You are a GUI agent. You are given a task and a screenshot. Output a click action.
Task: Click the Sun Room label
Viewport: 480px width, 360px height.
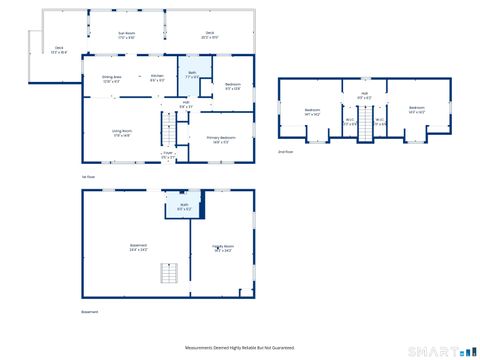pyautogui.click(x=127, y=35)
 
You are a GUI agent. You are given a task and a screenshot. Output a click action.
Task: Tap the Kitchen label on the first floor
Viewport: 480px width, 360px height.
pyautogui.click(x=157, y=78)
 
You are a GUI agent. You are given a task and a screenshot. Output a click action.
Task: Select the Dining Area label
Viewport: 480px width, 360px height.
pyautogui.click(x=111, y=78)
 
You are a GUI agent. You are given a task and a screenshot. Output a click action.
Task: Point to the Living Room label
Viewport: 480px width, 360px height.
pyautogui.click(x=122, y=133)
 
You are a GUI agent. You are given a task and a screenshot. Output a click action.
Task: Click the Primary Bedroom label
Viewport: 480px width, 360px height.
pyautogui.click(x=221, y=139)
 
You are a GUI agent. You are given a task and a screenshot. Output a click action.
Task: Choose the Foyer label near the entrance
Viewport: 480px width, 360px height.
pyautogui.click(x=168, y=155)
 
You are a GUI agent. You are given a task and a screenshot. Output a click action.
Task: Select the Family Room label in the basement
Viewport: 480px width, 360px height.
pyautogui.click(x=222, y=248)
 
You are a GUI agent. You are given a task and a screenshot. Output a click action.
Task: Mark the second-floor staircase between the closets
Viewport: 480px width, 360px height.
pyautogui.click(x=365, y=124)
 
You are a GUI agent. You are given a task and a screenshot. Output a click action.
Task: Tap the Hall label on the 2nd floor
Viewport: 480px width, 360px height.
pyautogui.click(x=365, y=96)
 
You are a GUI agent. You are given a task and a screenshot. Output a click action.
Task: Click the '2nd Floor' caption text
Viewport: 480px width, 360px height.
pyautogui.click(x=285, y=151)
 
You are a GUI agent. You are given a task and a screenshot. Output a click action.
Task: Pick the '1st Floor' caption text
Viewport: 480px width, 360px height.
pyautogui.click(x=88, y=176)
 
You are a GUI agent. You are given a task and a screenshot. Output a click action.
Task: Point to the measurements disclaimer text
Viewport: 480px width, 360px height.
pyautogui.click(x=240, y=347)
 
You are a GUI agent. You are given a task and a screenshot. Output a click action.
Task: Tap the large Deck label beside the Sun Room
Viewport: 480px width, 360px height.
pyautogui.click(x=210, y=35)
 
